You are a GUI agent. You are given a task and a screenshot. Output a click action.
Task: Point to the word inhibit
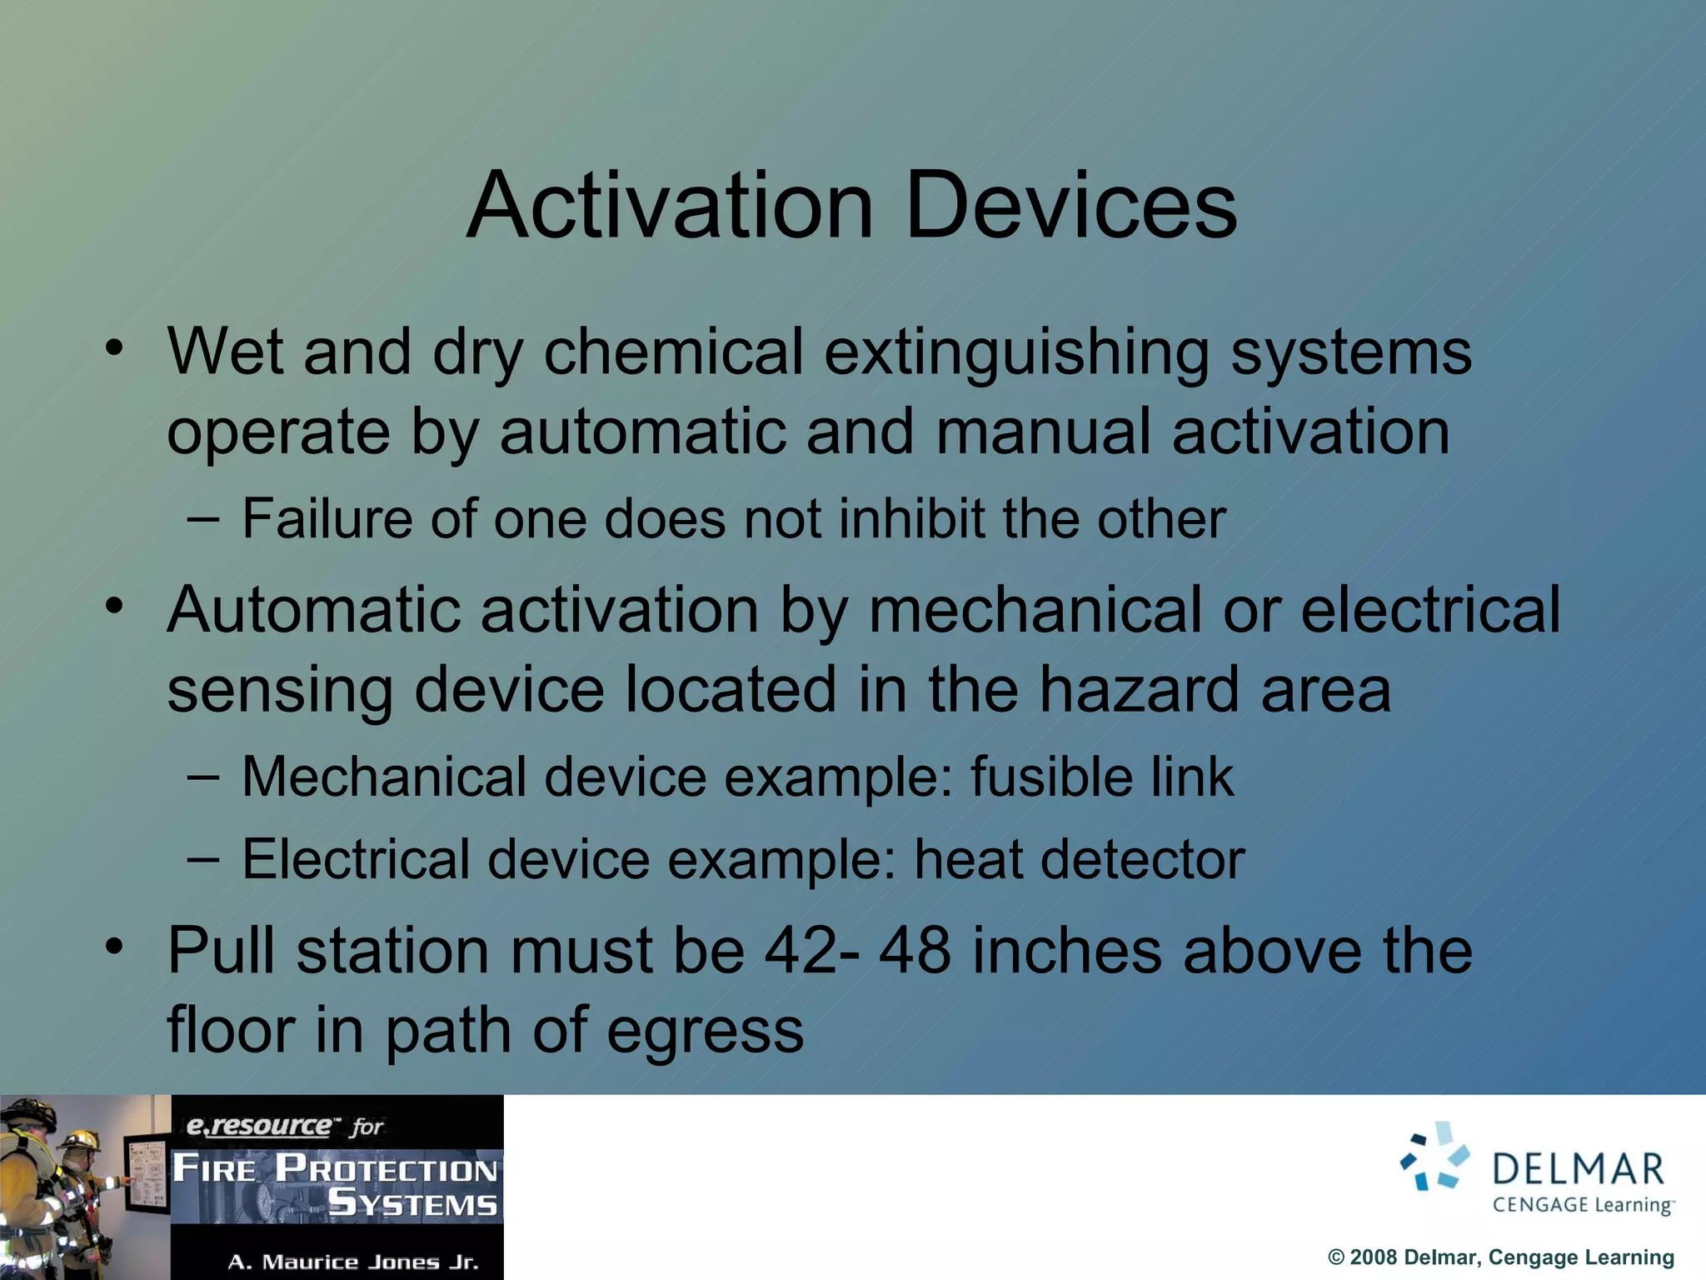pos(911,519)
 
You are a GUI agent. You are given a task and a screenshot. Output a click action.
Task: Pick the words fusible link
pos(1101,777)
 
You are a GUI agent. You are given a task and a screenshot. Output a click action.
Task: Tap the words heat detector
pos(1079,859)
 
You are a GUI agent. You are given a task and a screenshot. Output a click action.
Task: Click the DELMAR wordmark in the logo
pos(1578,1169)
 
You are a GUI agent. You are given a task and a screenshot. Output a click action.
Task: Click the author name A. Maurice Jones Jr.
pos(353,1262)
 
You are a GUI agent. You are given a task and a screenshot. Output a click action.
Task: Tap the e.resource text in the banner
pos(260,1127)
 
